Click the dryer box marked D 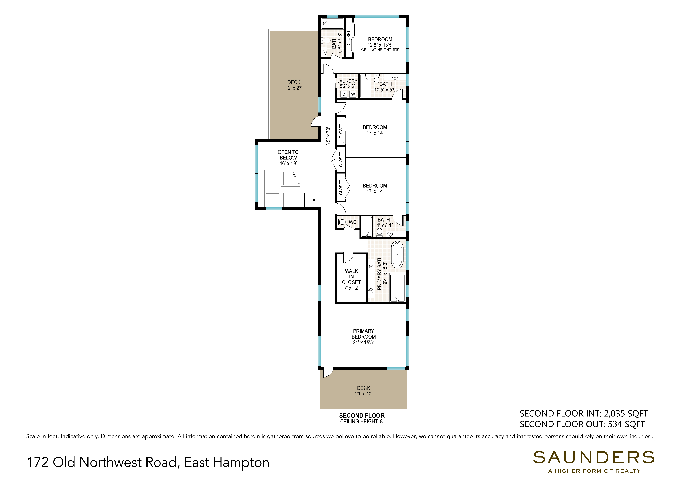[x=344, y=94]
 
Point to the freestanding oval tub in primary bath [x=397, y=255]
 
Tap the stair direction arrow [x=317, y=200]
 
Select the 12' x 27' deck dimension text [x=294, y=88]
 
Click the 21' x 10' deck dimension [x=363, y=394]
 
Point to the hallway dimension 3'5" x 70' [x=328, y=137]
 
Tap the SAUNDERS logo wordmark [x=593, y=457]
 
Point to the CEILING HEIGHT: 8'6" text [x=380, y=50]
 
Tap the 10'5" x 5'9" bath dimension [x=385, y=89]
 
